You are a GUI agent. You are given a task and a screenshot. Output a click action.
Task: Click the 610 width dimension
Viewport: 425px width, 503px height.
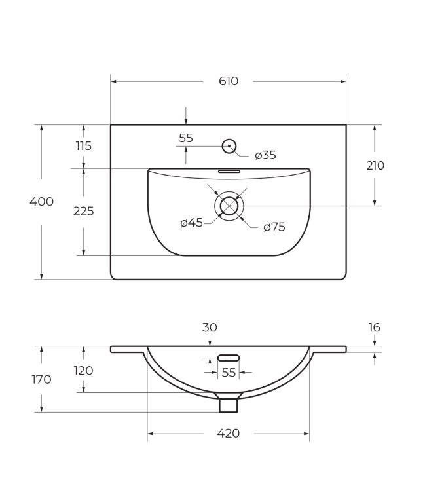(228, 81)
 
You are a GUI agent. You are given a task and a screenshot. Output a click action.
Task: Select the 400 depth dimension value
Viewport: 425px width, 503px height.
(41, 202)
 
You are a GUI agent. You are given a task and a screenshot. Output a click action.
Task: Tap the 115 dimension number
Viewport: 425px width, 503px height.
(83, 146)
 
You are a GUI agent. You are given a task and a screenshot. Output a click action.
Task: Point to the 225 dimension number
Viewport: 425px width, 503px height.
(83, 211)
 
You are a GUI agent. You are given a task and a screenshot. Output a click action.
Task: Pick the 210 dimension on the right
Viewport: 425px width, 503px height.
(375, 166)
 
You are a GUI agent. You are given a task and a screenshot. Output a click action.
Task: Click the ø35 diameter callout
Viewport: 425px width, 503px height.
(265, 155)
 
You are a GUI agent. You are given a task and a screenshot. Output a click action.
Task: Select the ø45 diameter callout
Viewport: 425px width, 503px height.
(191, 223)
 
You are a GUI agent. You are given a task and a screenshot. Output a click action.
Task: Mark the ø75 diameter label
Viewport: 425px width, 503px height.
(274, 227)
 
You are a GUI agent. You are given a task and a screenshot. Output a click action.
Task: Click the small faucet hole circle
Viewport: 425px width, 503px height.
(229, 146)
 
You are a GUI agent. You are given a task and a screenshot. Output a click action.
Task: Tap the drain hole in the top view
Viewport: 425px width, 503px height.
(229, 206)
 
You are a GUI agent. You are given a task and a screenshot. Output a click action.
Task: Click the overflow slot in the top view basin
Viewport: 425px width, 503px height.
(229, 170)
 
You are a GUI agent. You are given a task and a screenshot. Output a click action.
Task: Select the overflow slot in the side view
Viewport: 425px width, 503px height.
(229, 358)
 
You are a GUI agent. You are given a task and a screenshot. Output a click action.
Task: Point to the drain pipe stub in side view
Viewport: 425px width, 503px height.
(228, 403)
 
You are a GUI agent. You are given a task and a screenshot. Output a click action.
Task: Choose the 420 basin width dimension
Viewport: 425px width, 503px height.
(228, 433)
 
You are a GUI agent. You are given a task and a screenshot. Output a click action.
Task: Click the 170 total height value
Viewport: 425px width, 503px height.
(41, 379)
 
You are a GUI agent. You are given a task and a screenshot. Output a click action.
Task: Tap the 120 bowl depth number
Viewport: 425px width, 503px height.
(83, 371)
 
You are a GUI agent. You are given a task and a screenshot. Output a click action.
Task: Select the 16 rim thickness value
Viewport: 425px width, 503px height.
(374, 327)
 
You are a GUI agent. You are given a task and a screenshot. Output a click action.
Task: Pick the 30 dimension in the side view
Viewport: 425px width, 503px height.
(210, 327)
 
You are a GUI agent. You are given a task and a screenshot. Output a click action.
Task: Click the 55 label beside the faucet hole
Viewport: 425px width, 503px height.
(186, 138)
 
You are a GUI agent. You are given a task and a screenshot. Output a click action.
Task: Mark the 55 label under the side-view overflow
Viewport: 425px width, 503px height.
(229, 372)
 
